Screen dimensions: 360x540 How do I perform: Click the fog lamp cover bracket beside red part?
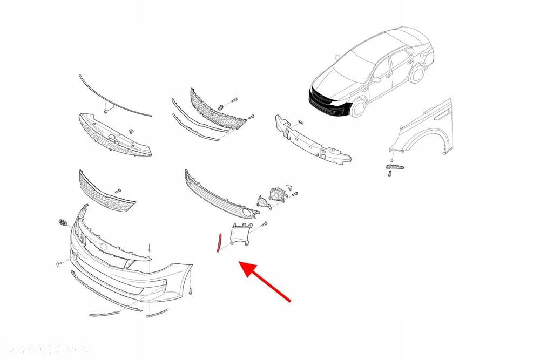click(x=240, y=236)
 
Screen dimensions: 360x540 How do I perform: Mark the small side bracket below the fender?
click(x=394, y=169)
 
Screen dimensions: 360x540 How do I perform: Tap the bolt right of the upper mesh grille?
click(x=234, y=100)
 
